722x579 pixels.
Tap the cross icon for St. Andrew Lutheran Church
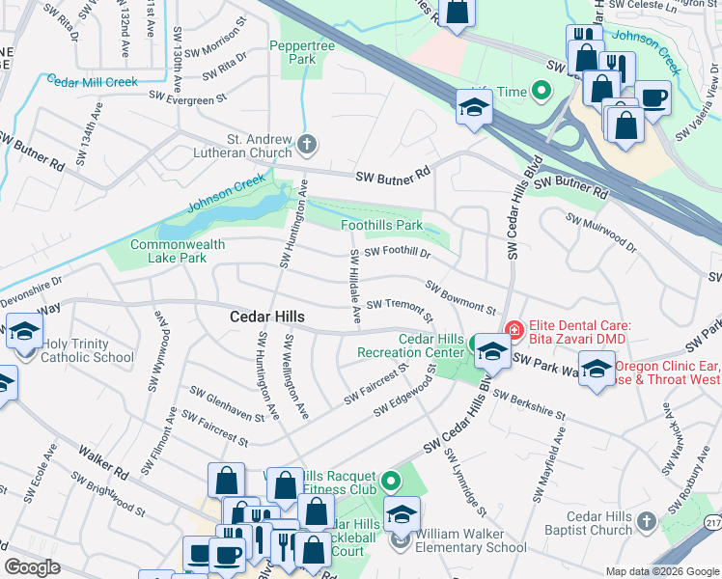pos(307,145)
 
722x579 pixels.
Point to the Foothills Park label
pos(382,225)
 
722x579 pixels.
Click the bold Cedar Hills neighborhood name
pos(267,317)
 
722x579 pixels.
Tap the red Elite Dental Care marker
pos(514,331)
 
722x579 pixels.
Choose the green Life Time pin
pos(541,93)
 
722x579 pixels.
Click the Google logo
pos(33,567)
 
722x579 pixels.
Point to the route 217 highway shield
pos(711,522)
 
